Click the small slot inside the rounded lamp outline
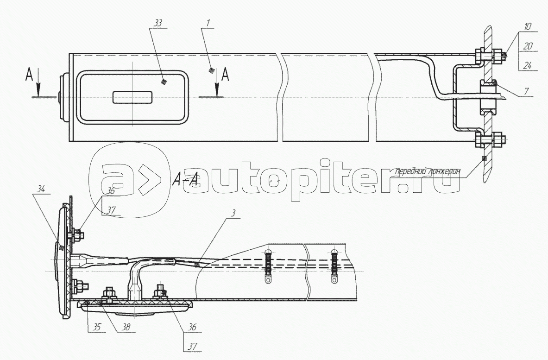pos(132,97)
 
